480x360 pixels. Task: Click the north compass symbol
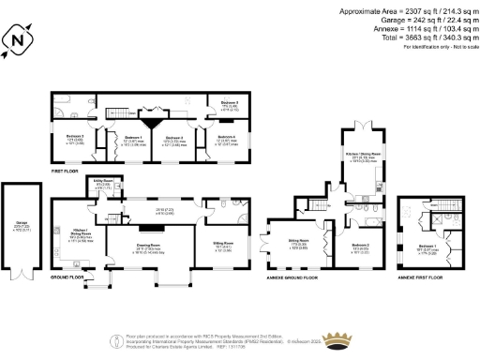pyautogui.click(x=17, y=41)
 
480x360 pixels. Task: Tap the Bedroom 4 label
pyautogui.click(x=222, y=138)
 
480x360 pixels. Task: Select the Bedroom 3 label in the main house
pyautogui.click(x=75, y=138)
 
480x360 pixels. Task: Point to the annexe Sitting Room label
pyautogui.click(x=298, y=241)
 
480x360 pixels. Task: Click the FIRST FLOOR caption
pyautogui.click(x=64, y=172)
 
